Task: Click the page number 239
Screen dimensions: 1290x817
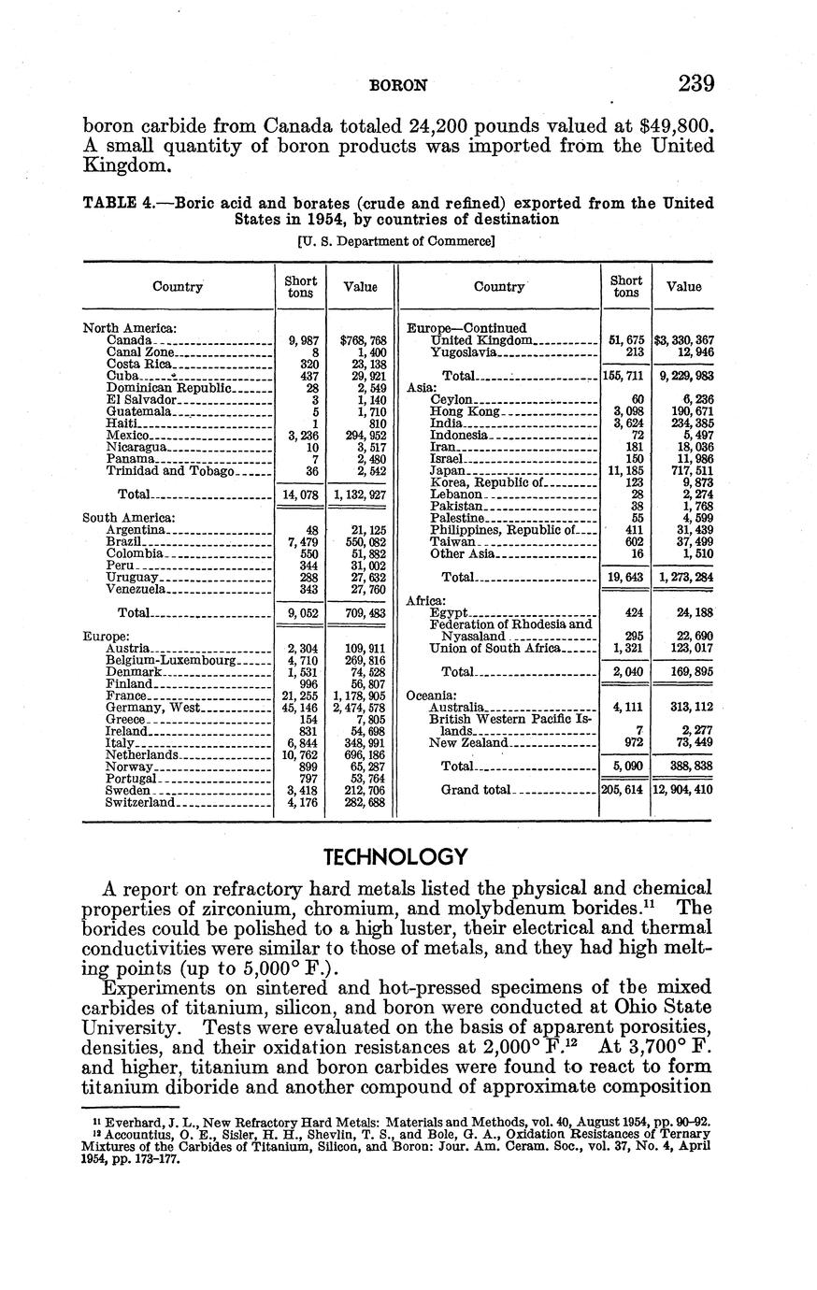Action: (x=696, y=84)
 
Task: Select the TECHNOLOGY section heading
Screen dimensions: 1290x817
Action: (x=394, y=856)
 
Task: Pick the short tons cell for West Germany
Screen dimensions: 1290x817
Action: (x=300, y=709)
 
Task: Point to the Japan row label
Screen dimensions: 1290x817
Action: (x=448, y=471)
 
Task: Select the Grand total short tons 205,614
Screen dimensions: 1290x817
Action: (x=625, y=790)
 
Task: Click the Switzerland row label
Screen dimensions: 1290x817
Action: (x=140, y=803)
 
